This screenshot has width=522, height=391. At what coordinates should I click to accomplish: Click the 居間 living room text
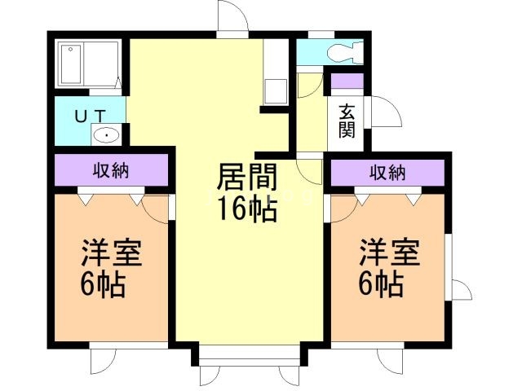pos(247,178)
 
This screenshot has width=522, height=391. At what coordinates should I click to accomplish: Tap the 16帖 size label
pos(246,209)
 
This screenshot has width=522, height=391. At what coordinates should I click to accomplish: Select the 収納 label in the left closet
pos(111,171)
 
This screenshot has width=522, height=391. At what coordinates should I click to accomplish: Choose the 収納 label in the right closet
pos(388,172)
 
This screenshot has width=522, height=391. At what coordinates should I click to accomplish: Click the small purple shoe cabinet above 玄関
pos(346,81)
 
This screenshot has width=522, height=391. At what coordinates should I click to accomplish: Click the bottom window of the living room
pos(247,359)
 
